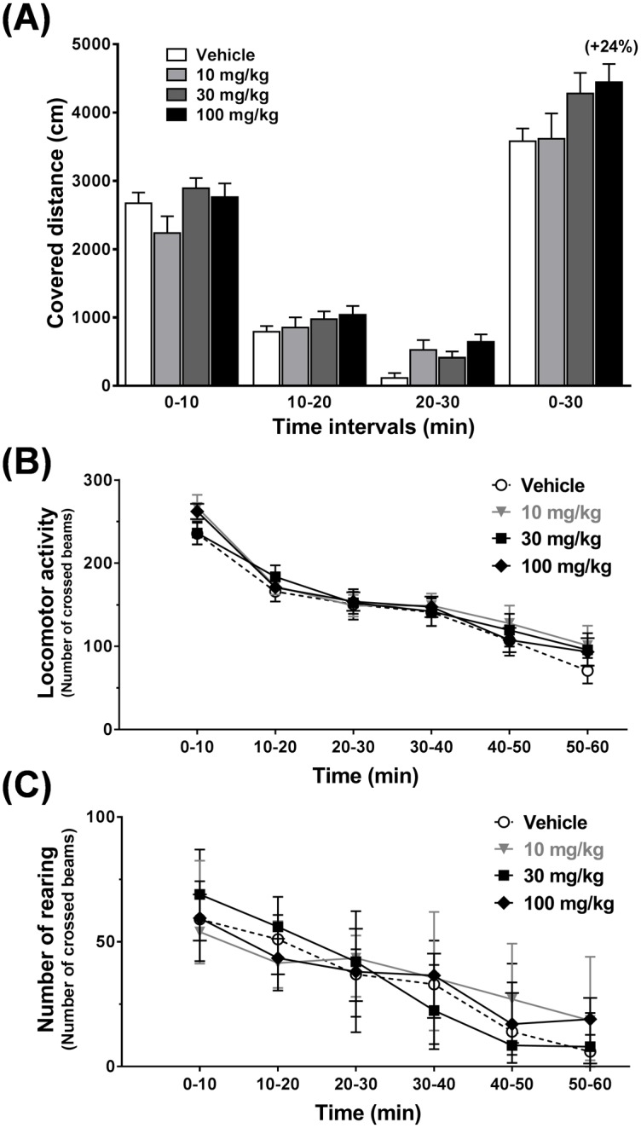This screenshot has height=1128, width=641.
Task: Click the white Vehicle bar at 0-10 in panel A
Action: point(139,294)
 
